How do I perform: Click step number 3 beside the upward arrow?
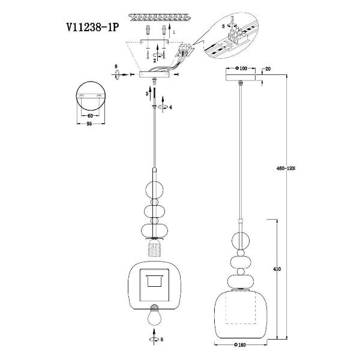click(146, 94)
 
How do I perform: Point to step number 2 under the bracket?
click(155, 60)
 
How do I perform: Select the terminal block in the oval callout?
click(238, 37)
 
